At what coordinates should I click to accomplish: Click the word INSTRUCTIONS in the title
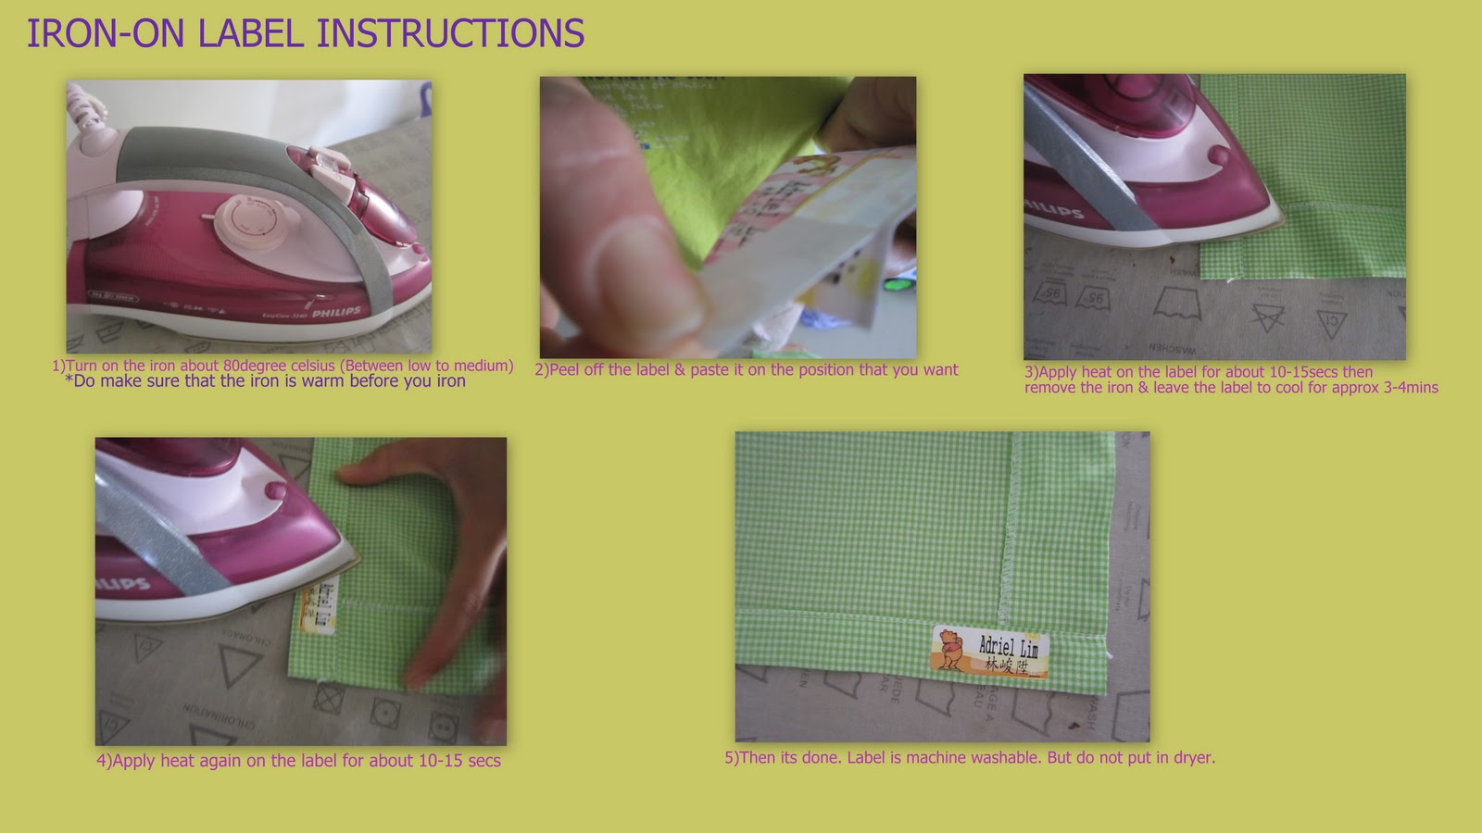(x=450, y=34)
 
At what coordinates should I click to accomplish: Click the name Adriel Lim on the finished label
(x=1009, y=646)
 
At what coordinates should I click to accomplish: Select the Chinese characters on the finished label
(x=1007, y=666)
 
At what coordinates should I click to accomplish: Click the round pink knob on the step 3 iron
(x=1219, y=155)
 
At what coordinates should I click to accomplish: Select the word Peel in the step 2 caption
(x=565, y=370)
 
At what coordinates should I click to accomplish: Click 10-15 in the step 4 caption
(x=440, y=761)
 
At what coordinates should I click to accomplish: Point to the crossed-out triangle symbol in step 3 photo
(x=1267, y=317)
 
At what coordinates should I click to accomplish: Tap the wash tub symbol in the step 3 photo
(x=1178, y=304)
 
